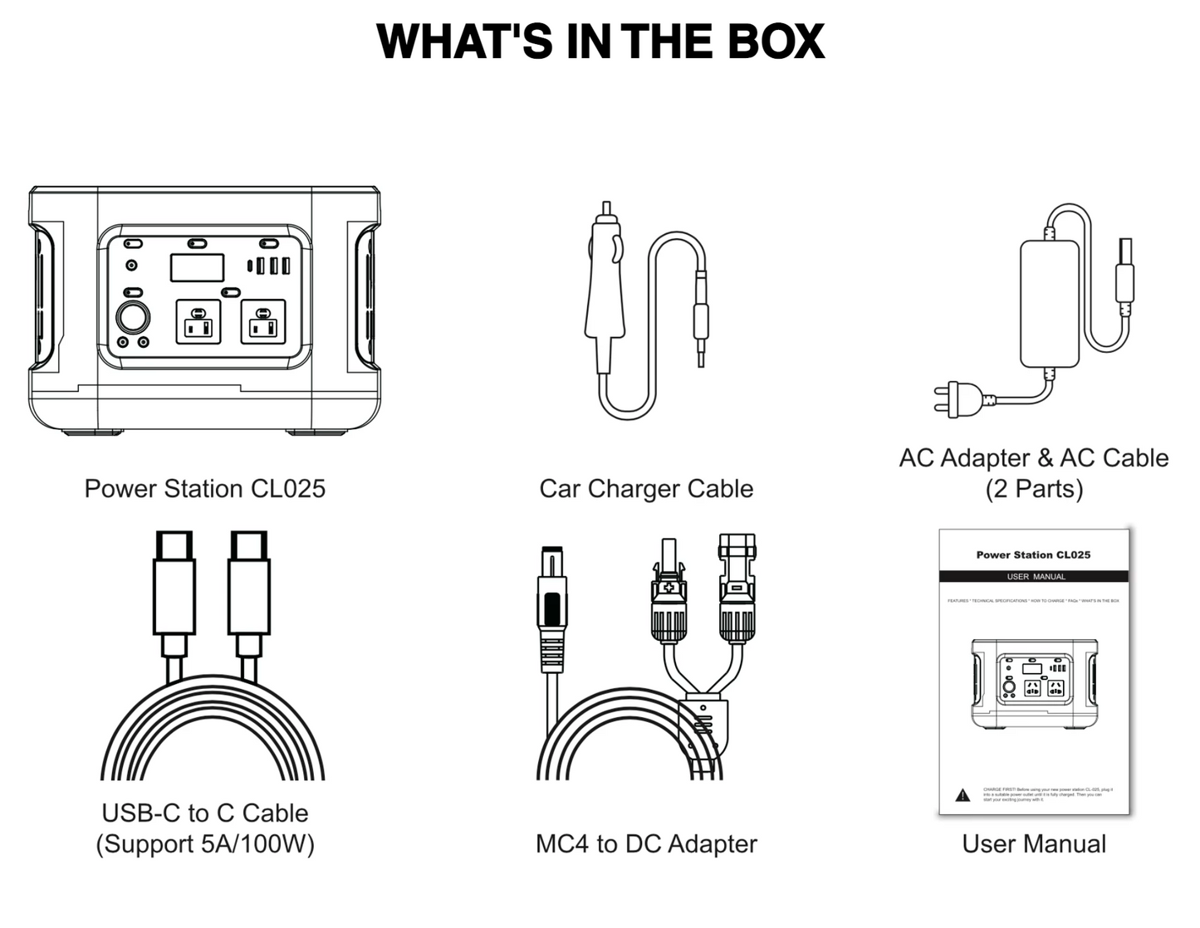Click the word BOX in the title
(776, 42)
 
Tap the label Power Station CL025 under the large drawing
(204, 488)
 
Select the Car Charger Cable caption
(646, 488)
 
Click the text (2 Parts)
(1034, 489)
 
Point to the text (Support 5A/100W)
(204, 844)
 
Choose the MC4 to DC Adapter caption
(646, 844)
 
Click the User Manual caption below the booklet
(1034, 844)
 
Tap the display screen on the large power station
(197, 268)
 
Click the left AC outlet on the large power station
(198, 322)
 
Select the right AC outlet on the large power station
(263, 322)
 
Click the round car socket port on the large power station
(132, 318)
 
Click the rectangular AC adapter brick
(1049, 303)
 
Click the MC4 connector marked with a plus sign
(669, 591)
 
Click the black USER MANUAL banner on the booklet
(1034, 576)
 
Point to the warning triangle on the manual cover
(962, 795)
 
